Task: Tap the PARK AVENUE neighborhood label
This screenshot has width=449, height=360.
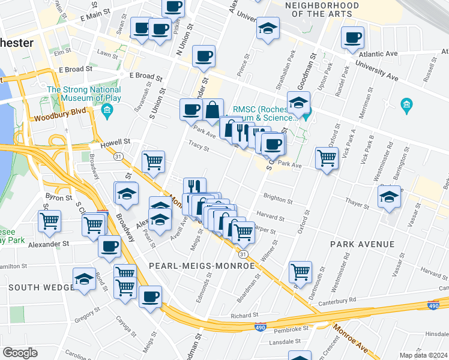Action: coord(362,245)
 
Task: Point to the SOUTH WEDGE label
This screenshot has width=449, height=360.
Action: coord(41,287)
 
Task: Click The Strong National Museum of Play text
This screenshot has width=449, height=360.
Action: coord(84,94)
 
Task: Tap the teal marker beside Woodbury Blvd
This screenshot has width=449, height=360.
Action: coord(107,110)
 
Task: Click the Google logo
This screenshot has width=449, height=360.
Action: coord(20,353)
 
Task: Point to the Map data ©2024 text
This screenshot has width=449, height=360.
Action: coord(423,355)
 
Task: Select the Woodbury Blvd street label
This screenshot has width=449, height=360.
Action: coord(59,118)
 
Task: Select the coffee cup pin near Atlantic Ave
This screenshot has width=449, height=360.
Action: coord(352,37)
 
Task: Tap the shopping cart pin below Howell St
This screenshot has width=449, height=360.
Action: coord(153,161)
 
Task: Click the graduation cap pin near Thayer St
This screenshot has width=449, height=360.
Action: coord(389,197)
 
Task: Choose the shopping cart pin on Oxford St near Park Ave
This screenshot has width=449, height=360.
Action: coord(327,158)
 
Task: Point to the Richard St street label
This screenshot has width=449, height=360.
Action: coord(244,314)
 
